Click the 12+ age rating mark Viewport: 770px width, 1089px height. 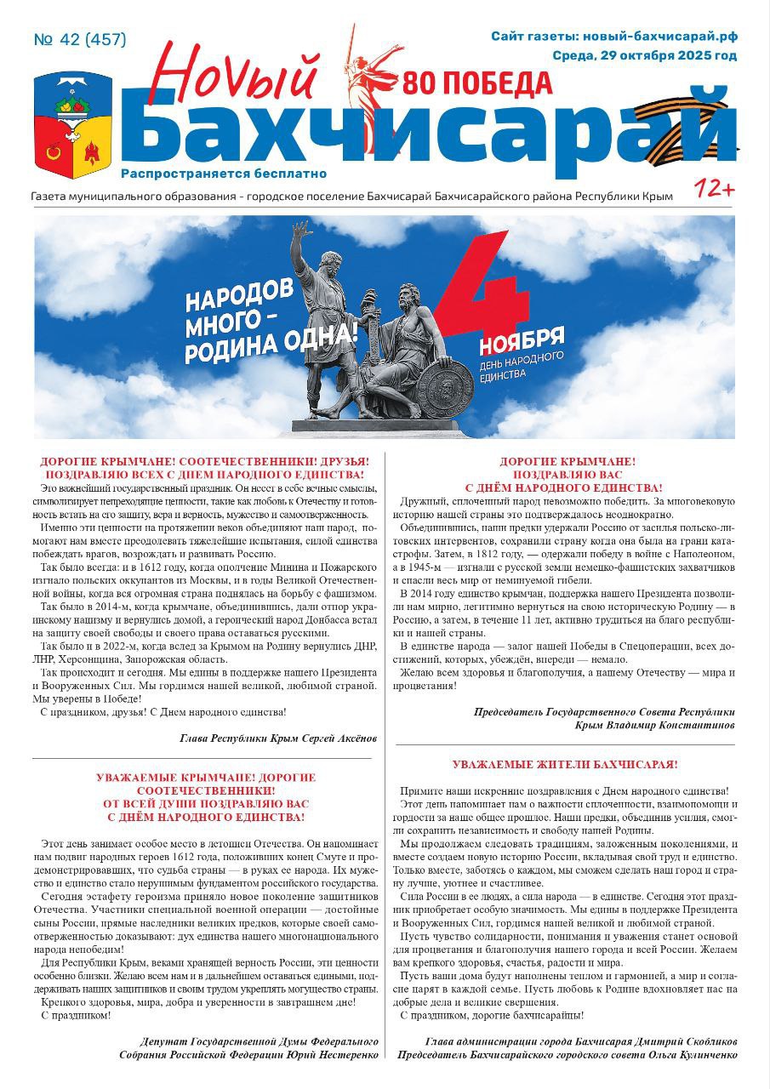(714, 188)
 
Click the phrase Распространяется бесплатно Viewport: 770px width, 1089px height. (224, 174)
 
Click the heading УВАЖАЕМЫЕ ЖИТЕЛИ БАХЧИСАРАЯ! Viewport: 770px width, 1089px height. (564, 765)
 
